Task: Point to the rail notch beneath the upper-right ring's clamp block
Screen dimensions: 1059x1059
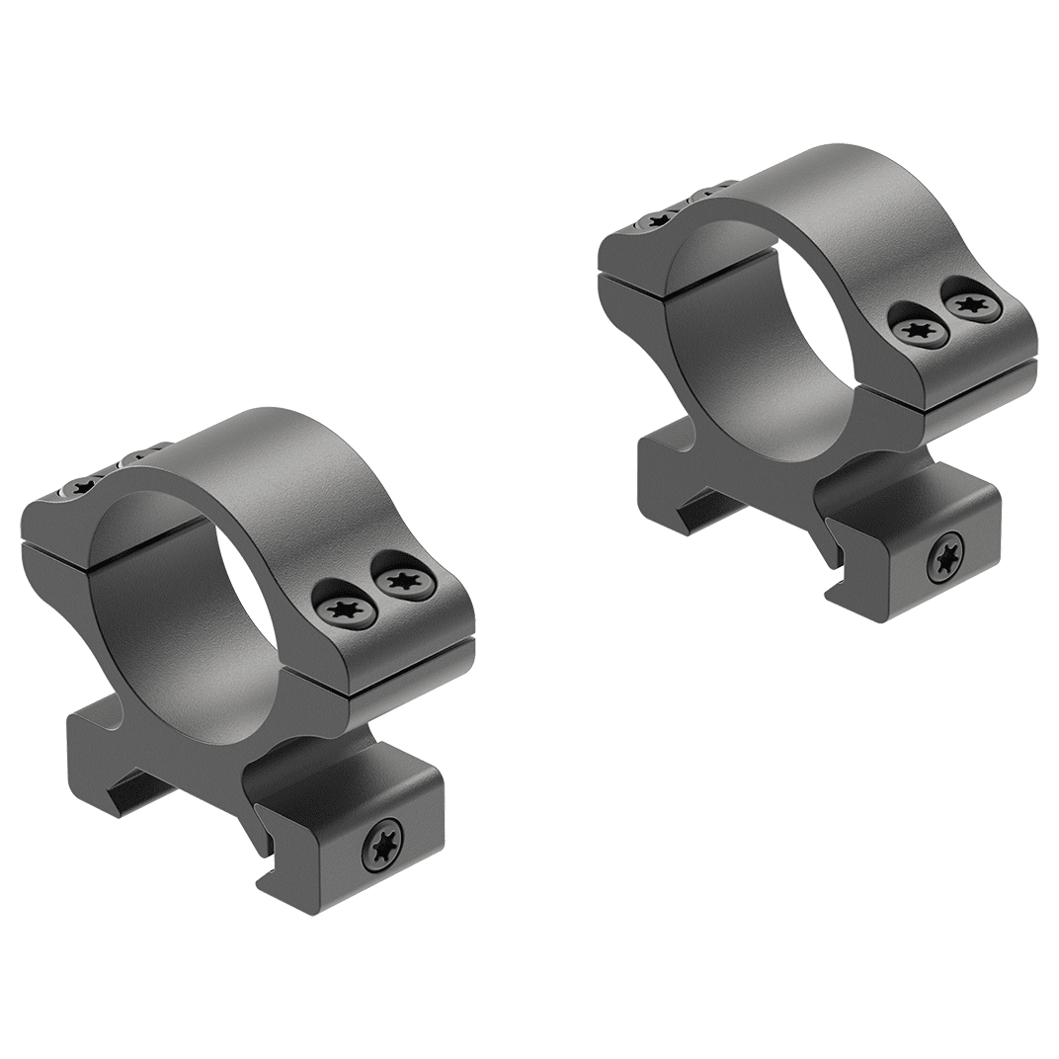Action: (836, 593)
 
